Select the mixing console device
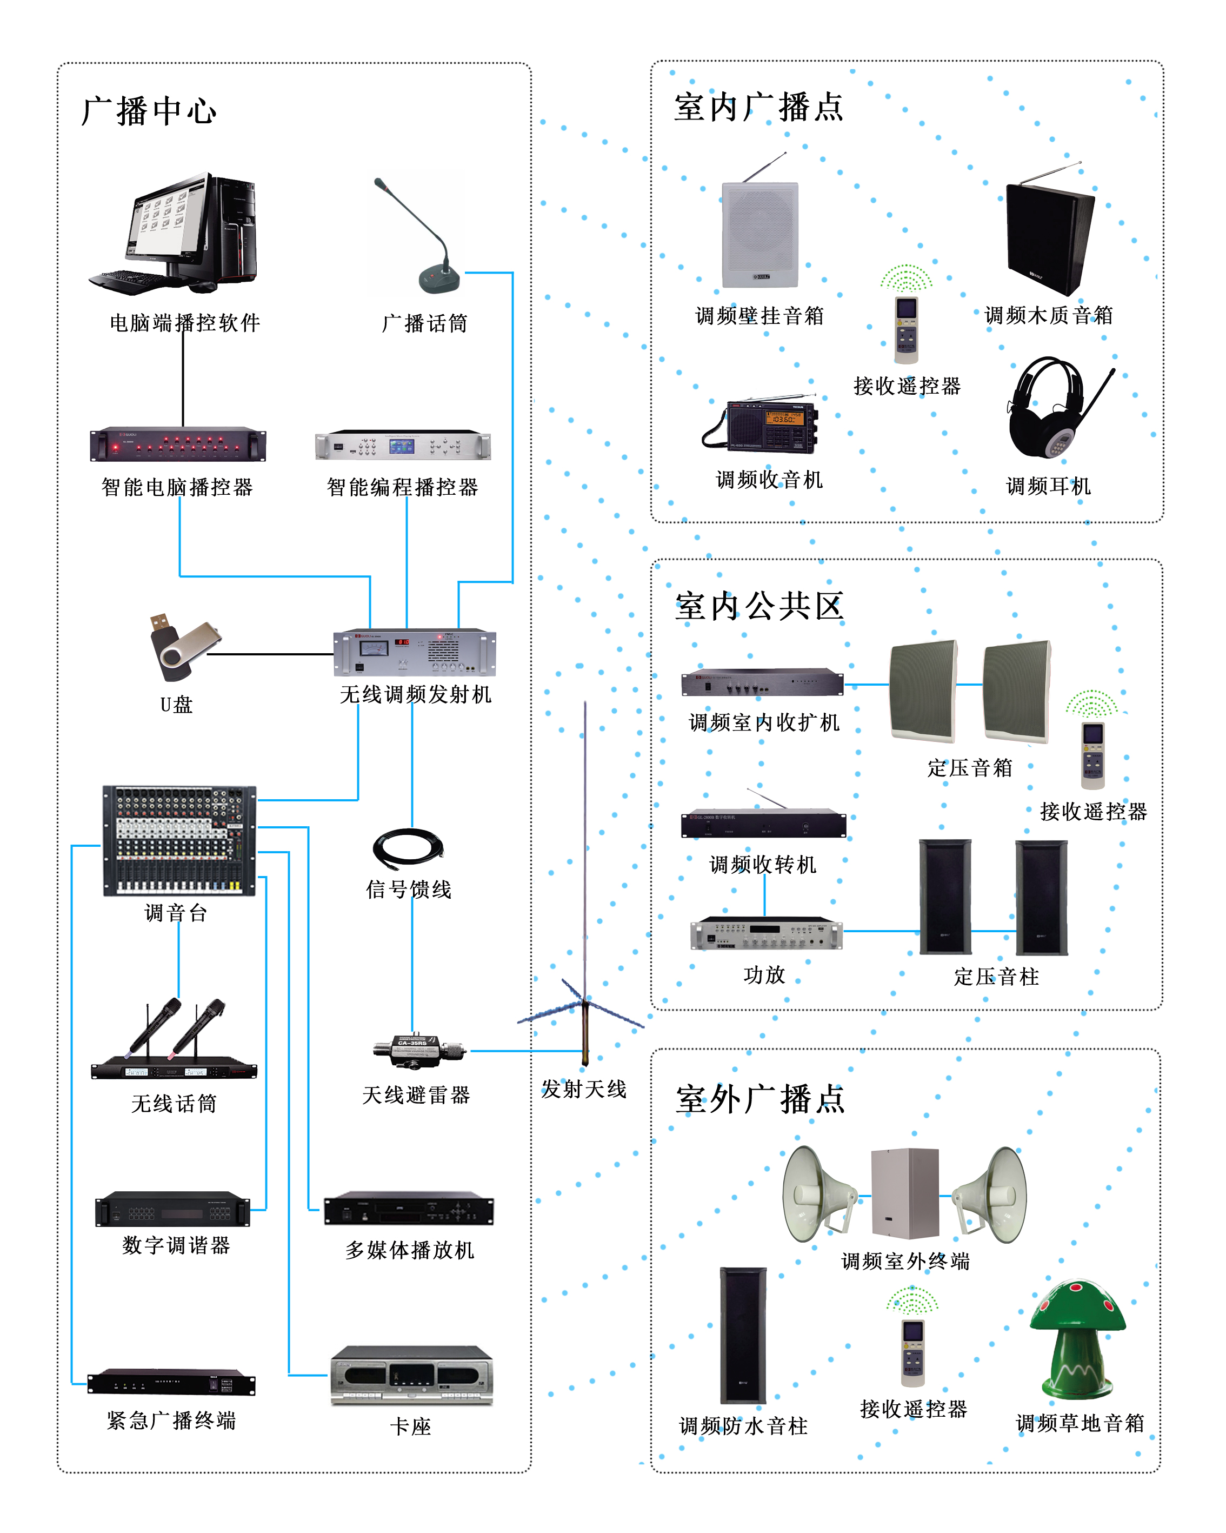click(x=179, y=840)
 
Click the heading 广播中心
click(x=149, y=111)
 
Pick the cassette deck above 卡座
click(x=411, y=1375)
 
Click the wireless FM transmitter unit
click(x=415, y=652)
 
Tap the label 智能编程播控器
click(x=402, y=488)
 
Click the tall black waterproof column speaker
click(x=743, y=1335)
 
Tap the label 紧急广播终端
click(x=171, y=1421)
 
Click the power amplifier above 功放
click(x=766, y=934)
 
